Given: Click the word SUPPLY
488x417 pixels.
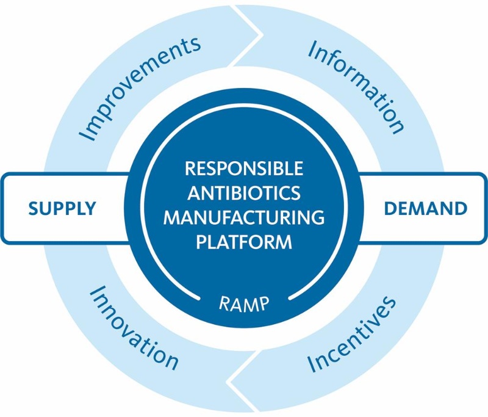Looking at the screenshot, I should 62,208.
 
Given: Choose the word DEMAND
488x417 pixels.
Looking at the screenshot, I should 425,208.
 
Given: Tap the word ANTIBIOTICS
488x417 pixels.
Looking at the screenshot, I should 244,193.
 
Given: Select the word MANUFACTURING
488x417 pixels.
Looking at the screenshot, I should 244,217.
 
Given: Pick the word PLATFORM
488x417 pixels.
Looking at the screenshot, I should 244,242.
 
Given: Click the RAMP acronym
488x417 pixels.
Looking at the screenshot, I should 244,302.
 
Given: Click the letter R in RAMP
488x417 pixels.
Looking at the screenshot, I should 223,302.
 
